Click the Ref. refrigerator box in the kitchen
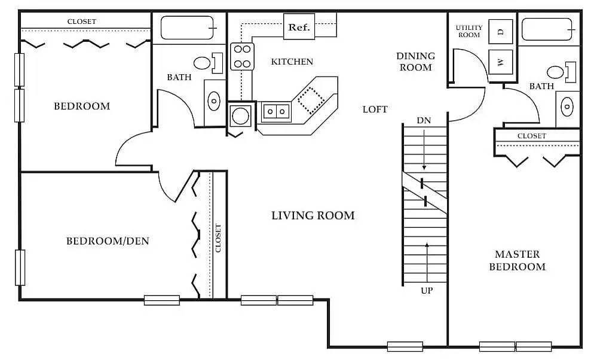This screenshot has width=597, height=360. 298,28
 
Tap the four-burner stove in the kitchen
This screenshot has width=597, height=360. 242,56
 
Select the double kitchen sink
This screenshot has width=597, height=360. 275,111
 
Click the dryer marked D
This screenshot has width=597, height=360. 501,32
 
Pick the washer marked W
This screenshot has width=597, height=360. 501,62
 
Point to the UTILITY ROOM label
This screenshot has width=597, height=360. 469,31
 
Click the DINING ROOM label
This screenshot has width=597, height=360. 415,62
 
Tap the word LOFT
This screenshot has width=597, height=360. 375,109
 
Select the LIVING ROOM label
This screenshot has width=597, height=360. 313,215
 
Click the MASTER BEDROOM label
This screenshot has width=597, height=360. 517,261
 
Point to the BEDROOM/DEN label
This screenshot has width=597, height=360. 108,242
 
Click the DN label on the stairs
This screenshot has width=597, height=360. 424,121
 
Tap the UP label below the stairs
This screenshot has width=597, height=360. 427,291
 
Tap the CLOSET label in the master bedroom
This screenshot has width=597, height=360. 531,136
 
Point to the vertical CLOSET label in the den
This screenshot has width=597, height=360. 218,238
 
